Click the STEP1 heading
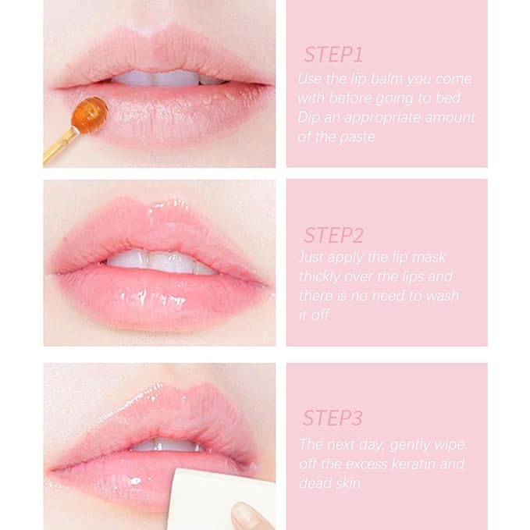tap(333, 55)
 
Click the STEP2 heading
tap(333, 235)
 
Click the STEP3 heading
tap(333, 418)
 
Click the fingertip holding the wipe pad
tap(248, 515)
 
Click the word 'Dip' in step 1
tap(309, 118)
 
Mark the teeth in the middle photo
tap(160, 261)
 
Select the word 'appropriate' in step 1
tap(386, 118)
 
